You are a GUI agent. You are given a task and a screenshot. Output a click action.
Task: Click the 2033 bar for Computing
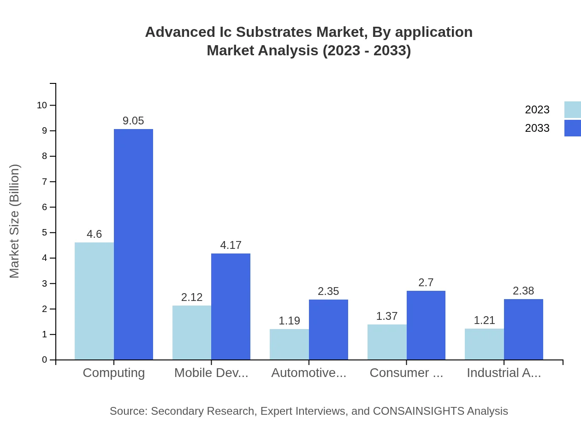[x=133, y=244]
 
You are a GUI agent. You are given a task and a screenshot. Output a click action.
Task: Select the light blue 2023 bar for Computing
[x=94, y=301]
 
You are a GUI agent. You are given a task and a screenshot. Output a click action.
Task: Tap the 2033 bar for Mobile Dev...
[x=231, y=306]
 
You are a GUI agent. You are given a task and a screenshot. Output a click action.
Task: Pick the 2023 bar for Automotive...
[x=289, y=344]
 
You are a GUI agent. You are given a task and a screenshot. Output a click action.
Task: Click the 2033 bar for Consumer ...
[x=426, y=325]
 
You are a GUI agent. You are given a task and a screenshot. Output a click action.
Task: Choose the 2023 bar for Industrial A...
[x=484, y=344]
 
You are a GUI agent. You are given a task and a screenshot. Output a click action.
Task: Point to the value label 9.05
[x=133, y=121]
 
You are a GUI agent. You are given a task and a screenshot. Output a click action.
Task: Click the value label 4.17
[x=231, y=245]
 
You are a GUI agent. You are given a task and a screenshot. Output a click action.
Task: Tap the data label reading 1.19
[x=289, y=321]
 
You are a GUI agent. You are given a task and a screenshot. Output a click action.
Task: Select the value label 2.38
[x=523, y=291]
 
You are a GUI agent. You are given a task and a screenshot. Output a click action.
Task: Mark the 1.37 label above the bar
[x=387, y=316]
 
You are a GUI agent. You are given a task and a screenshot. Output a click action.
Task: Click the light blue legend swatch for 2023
[x=572, y=110]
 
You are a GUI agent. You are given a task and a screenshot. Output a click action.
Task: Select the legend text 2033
[x=537, y=128]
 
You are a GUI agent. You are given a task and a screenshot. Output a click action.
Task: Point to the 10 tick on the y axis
[x=42, y=105]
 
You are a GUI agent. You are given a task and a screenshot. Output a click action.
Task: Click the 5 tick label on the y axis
[x=45, y=233]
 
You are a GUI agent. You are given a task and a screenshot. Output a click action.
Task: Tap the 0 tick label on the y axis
[x=45, y=360]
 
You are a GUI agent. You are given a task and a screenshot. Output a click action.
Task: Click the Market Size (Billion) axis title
[x=14, y=221]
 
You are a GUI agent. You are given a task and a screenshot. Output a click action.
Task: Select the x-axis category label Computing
[x=113, y=373]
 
